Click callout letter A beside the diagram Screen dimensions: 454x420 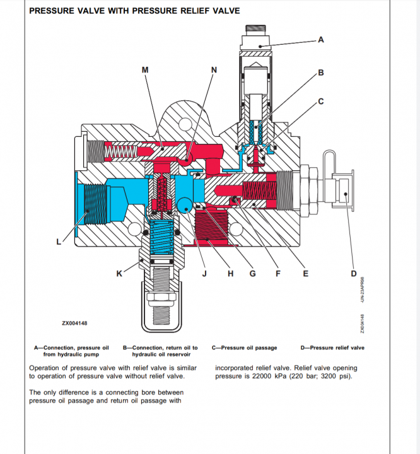coord(320,40)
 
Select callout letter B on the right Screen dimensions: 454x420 coord(320,73)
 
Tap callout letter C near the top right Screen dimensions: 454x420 coord(320,101)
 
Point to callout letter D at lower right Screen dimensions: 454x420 coord(353,274)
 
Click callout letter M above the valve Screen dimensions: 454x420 coord(145,70)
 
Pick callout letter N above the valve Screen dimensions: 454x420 coord(213,70)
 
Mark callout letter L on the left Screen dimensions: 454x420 coord(59,241)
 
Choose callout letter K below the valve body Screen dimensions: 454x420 coord(119,274)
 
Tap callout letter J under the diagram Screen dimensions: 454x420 coord(204,274)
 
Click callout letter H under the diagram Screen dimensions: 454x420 coord(230,274)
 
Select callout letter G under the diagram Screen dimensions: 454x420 coord(252,274)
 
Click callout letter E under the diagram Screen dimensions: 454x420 coord(305,274)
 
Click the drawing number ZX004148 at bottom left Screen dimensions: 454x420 coord(74,323)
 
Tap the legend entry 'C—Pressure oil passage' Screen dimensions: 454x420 coord(243,347)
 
